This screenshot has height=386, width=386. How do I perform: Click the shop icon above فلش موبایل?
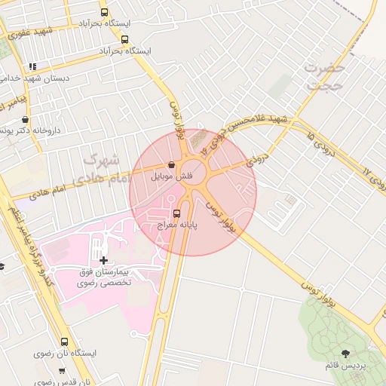(172, 165)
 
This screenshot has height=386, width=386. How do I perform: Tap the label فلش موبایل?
(173, 177)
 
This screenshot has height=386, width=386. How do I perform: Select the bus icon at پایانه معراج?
(177, 213)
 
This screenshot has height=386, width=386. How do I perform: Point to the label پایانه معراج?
(178, 225)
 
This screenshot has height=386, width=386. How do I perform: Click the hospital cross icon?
(103, 259)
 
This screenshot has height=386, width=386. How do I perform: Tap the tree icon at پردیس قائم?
(345, 353)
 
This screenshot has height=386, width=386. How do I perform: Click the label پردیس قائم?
(345, 366)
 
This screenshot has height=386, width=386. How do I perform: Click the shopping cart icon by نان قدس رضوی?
(62, 370)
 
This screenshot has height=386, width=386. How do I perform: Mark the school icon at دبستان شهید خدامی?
(32, 66)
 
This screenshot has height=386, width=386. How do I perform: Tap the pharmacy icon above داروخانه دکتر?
(26, 119)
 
